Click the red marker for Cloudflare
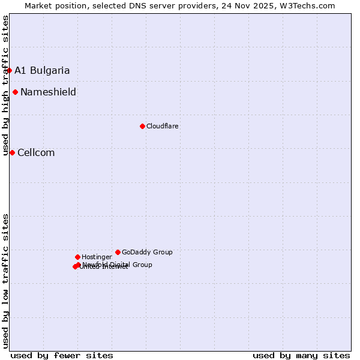[x=142, y=126]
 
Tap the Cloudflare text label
[x=162, y=126]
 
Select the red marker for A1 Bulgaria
[x=9, y=70]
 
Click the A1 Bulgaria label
[x=42, y=70]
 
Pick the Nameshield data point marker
[x=15, y=92]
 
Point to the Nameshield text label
[x=48, y=92]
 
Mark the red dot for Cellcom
[x=12, y=152]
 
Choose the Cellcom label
[x=36, y=152]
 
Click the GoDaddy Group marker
[x=118, y=252]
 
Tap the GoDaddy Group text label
[x=147, y=252]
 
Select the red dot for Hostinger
[x=77, y=257]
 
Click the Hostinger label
[x=97, y=257]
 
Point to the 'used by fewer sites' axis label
[x=62, y=355]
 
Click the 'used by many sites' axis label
[x=301, y=355]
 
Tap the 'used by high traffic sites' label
[x=5, y=85]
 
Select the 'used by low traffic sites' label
[x=5, y=280]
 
